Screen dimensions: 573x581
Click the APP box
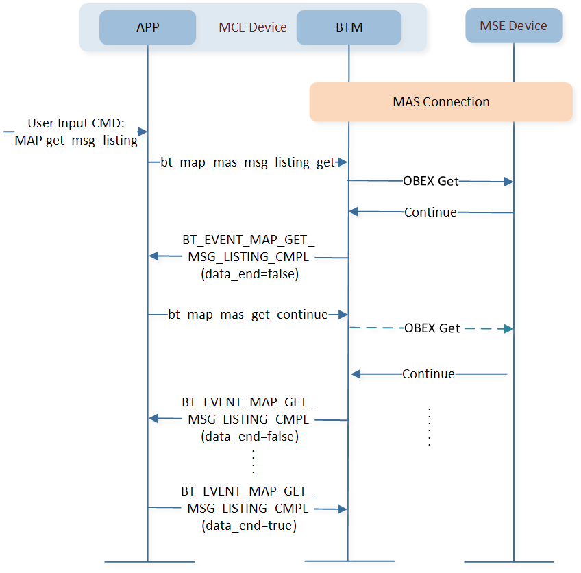(147, 27)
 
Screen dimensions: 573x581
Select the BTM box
(349, 27)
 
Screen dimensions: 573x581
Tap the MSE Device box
(513, 26)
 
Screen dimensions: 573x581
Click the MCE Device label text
(253, 27)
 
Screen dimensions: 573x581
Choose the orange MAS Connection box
(441, 102)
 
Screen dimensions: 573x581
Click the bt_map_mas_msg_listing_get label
(247, 162)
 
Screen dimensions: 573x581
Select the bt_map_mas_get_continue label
(247, 315)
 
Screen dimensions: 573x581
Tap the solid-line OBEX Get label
(431, 182)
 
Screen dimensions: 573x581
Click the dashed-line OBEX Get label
(432, 328)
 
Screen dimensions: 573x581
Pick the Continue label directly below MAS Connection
(430, 212)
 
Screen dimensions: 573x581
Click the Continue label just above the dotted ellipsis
(428, 374)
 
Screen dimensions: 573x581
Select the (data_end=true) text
(248, 526)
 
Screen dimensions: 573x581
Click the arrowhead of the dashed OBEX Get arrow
(508, 329)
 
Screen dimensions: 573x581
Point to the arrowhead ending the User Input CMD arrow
(143, 132)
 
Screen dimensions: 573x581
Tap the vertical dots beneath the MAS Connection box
(429, 427)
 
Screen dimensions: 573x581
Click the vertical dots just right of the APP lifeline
(253, 461)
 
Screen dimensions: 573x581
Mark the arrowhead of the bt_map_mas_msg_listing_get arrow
(343, 162)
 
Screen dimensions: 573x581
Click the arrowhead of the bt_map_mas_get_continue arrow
(343, 315)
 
